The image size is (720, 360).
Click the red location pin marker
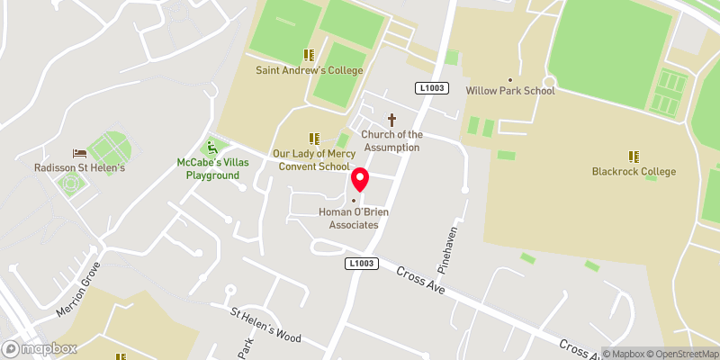tap(360, 179)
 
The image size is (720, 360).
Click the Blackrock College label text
tap(634, 171)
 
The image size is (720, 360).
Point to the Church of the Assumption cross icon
tap(391, 119)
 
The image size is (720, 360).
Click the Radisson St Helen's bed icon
tap(79, 153)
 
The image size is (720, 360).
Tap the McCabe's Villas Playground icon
tap(212, 147)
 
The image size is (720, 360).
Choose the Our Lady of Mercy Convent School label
tap(313, 160)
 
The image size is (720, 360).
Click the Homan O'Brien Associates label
tap(349, 219)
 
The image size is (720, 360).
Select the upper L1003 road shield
tap(429, 87)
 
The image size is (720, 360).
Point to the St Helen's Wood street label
tap(265, 327)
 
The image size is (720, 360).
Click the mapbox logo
tap(40, 348)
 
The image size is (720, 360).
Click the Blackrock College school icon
tap(634, 156)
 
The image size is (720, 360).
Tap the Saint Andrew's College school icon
tap(309, 55)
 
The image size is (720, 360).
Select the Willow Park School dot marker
tap(510, 79)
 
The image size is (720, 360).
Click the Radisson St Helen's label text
tap(79, 168)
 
